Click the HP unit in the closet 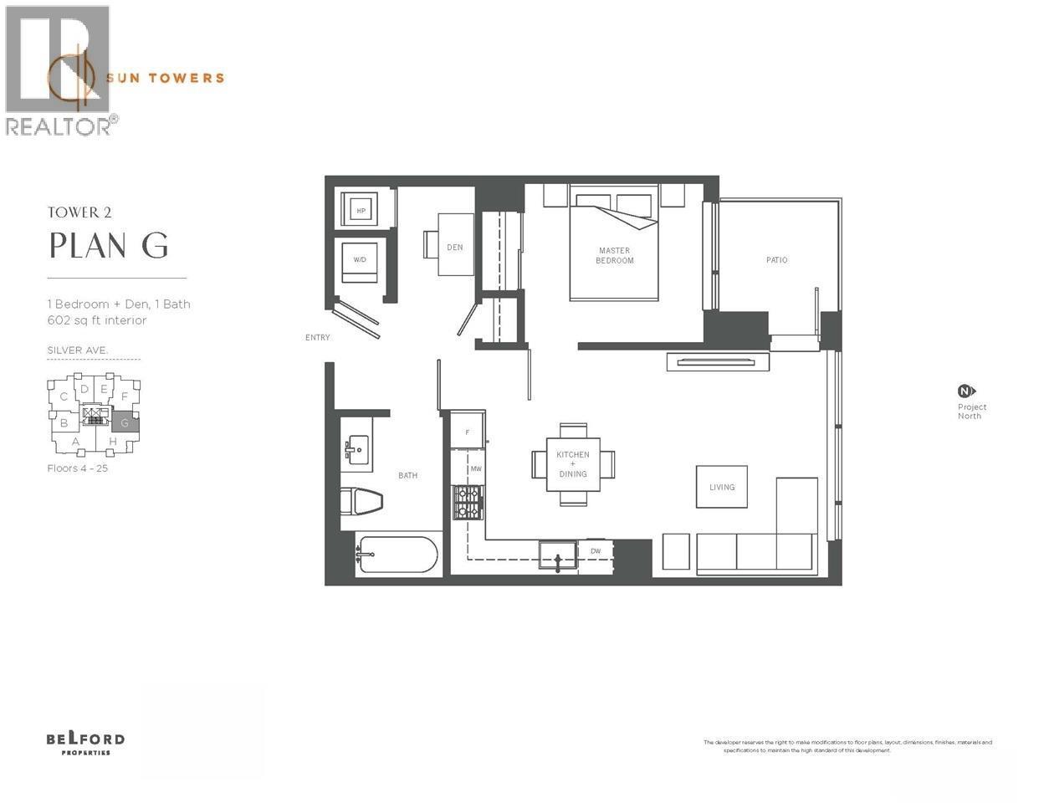[361, 211]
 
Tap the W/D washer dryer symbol [360, 260]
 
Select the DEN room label [455, 247]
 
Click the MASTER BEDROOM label [614, 255]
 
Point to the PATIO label [776, 260]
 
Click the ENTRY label [318, 338]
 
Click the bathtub [397, 554]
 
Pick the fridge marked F [467, 431]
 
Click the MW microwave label [475, 469]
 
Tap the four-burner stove [468, 503]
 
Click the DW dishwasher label [596, 551]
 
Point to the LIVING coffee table [722, 487]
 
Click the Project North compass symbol [966, 391]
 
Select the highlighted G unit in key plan [125, 422]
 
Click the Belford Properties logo [85, 743]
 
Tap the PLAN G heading [109, 245]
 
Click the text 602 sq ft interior [97, 320]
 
